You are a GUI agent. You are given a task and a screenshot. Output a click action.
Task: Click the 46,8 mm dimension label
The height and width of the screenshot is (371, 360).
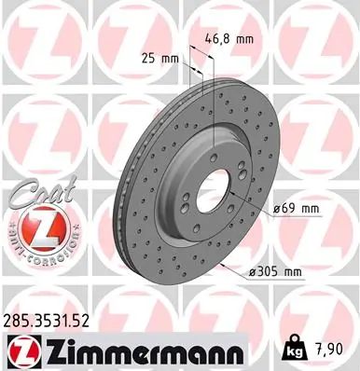(228, 40)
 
